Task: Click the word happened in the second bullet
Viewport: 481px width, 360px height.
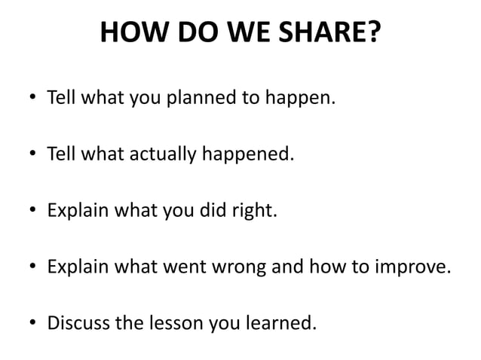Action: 247,155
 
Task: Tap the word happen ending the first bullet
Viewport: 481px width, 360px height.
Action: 305,99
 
